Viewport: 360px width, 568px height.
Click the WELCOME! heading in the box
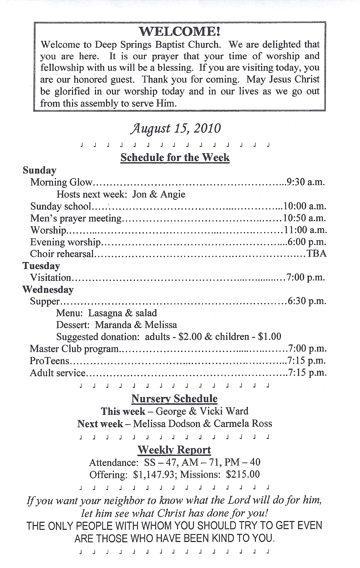tap(180, 31)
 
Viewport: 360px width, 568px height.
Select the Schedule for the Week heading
tap(175, 158)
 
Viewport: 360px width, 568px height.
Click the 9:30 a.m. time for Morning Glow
tap(306, 182)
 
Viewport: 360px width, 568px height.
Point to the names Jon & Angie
tap(159, 194)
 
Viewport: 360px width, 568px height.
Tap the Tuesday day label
tap(41, 266)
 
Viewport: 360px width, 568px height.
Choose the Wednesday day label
tap(48, 290)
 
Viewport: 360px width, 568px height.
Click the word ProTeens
tap(49, 361)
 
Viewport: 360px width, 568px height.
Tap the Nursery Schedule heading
tap(174, 399)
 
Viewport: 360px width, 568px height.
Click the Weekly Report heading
tap(174, 450)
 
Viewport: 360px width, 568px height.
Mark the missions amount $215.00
tap(243, 475)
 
